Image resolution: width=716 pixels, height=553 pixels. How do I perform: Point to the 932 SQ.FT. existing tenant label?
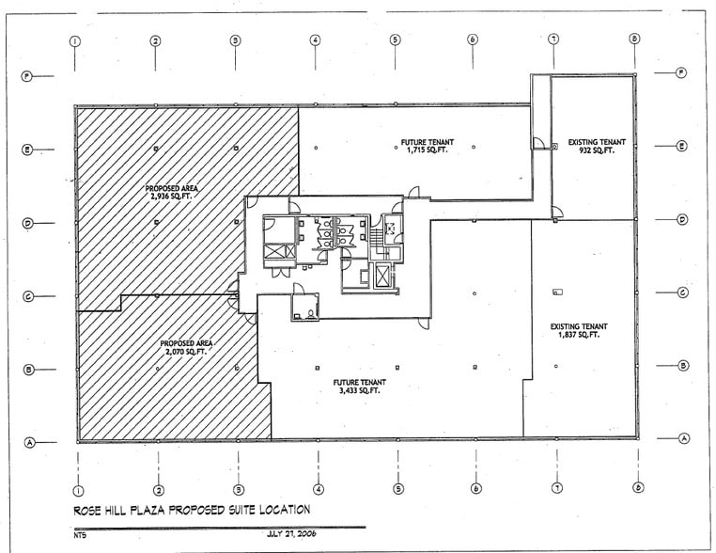tap(597, 150)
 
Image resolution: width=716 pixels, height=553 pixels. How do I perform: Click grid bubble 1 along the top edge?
tap(75, 40)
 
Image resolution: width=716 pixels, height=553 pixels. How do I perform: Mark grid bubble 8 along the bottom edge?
tap(637, 487)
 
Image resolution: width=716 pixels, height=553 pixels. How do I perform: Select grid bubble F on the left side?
tap(26, 75)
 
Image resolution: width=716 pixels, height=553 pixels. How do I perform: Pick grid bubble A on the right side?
tap(683, 438)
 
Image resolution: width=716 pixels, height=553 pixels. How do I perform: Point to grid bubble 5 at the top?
tap(395, 40)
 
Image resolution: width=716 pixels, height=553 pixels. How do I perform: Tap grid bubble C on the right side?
tap(683, 292)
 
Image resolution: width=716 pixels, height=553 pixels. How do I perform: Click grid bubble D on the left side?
tap(28, 224)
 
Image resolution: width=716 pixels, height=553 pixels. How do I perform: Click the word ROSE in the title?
tap(89, 511)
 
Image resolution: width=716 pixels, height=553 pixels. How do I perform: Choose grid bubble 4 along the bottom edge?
tap(318, 488)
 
